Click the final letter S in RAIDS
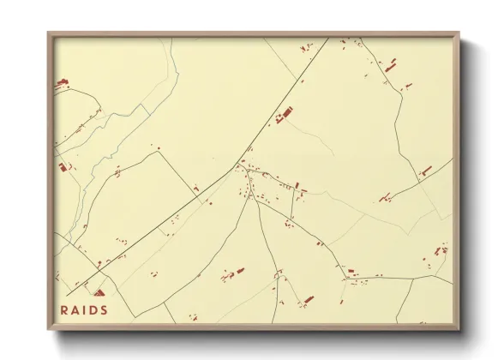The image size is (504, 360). [x=104, y=310]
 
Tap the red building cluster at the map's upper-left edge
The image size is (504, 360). [x=61, y=83]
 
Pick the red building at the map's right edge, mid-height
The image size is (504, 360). [x=425, y=171]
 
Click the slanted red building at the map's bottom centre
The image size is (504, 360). [x=308, y=299]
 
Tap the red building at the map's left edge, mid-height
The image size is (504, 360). [x=63, y=166]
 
